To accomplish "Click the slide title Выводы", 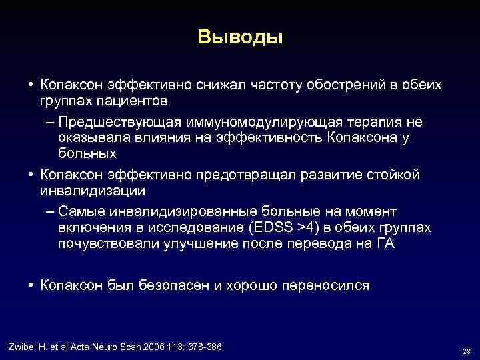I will click(240, 37).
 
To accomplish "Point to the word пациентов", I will click(129, 101).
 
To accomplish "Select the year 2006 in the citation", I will click(143, 347).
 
